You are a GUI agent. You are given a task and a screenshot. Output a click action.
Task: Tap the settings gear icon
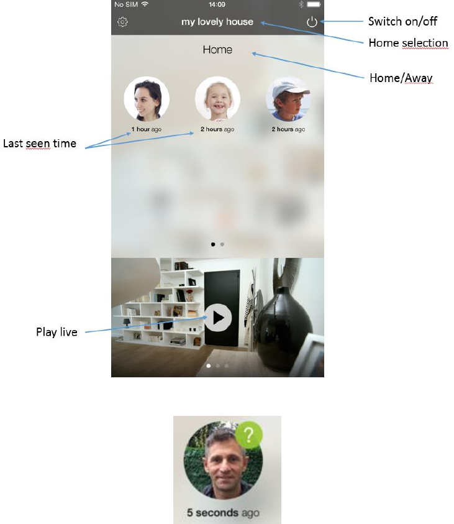(x=122, y=22)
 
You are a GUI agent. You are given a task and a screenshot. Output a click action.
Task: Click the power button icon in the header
(x=312, y=22)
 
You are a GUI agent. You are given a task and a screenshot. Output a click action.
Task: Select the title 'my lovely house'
(x=217, y=22)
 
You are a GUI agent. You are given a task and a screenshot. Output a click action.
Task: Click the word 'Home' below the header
(x=217, y=50)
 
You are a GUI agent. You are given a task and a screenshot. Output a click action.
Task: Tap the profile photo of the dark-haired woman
(x=147, y=99)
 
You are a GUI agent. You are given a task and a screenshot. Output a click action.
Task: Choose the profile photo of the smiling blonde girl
(x=217, y=99)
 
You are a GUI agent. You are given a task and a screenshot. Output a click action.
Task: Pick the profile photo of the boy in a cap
(x=288, y=99)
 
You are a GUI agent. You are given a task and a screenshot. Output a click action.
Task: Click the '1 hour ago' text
(x=147, y=129)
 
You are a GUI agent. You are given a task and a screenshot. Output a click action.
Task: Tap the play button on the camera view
(x=217, y=318)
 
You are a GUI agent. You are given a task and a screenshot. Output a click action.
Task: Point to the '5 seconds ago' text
(x=223, y=513)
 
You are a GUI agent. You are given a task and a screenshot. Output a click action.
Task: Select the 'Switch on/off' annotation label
(x=402, y=22)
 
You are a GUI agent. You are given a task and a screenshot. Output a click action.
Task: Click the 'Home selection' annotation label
(x=408, y=43)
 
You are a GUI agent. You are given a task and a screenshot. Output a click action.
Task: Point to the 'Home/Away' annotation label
(x=401, y=78)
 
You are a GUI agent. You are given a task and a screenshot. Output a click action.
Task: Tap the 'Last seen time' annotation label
(x=40, y=144)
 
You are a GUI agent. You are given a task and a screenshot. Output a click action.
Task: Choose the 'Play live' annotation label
(x=57, y=332)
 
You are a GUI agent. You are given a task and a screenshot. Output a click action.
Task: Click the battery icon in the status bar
(x=314, y=4)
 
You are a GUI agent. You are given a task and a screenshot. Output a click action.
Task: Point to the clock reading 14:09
(x=217, y=4)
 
